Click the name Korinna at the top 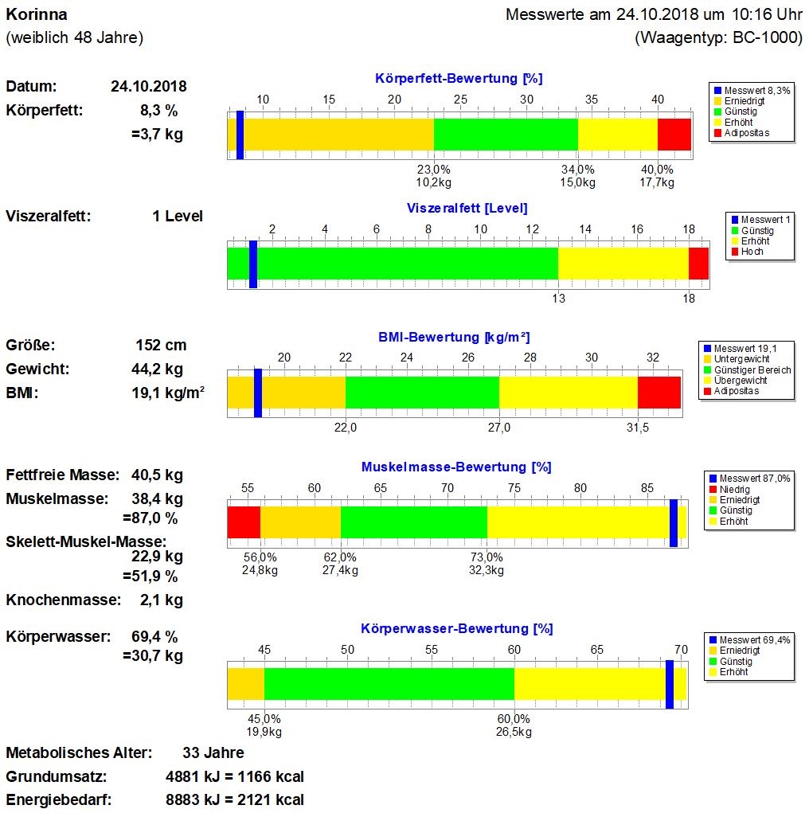37,15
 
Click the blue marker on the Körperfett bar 240,135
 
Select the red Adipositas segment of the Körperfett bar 674,134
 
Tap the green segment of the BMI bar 422,392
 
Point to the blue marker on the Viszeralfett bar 253,264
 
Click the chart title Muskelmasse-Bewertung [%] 456,467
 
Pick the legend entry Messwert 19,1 745,349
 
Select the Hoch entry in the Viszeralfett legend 752,252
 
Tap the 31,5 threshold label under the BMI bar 638,428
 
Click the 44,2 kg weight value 157,369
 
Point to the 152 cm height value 161,346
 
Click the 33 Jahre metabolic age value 213,752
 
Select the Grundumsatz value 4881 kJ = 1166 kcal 233,776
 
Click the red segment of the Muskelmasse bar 244,522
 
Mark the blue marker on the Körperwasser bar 670,684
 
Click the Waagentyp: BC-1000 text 718,37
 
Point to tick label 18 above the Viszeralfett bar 689,229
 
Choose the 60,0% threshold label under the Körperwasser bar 514,718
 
